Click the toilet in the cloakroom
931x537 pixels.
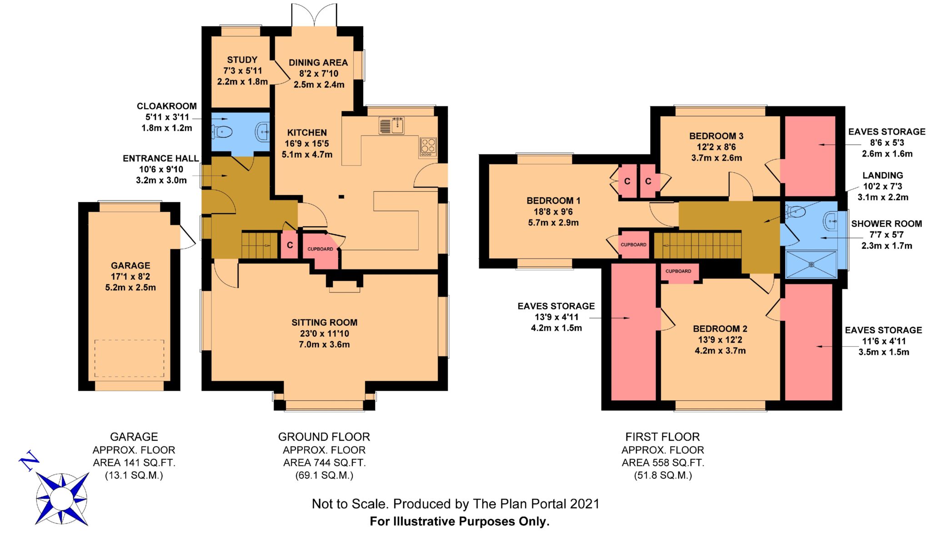pyautogui.click(x=222, y=132)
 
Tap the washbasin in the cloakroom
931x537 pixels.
pyautogui.click(x=263, y=132)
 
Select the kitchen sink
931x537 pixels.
pyautogui.click(x=391, y=126)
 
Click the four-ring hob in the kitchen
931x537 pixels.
pyautogui.click(x=428, y=147)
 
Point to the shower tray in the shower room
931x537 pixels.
pyautogui.click(x=811, y=264)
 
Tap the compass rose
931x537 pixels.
pyautogui.click(x=62, y=498)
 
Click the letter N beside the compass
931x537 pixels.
pyautogui.click(x=29, y=461)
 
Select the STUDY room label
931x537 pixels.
pyautogui.click(x=242, y=60)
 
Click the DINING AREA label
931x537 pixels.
pyautogui.click(x=318, y=63)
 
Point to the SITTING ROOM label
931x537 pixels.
pyautogui.click(x=325, y=323)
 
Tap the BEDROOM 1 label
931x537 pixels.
pyautogui.click(x=553, y=201)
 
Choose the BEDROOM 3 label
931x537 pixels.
pyautogui.click(x=716, y=136)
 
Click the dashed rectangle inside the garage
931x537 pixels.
pyautogui.click(x=130, y=358)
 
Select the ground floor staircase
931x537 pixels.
pyautogui.click(x=260, y=245)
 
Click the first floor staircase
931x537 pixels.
pyautogui.click(x=698, y=246)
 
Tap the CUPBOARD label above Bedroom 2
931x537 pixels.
pyautogui.click(x=678, y=271)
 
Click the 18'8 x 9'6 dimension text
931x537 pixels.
pyautogui.click(x=553, y=212)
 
